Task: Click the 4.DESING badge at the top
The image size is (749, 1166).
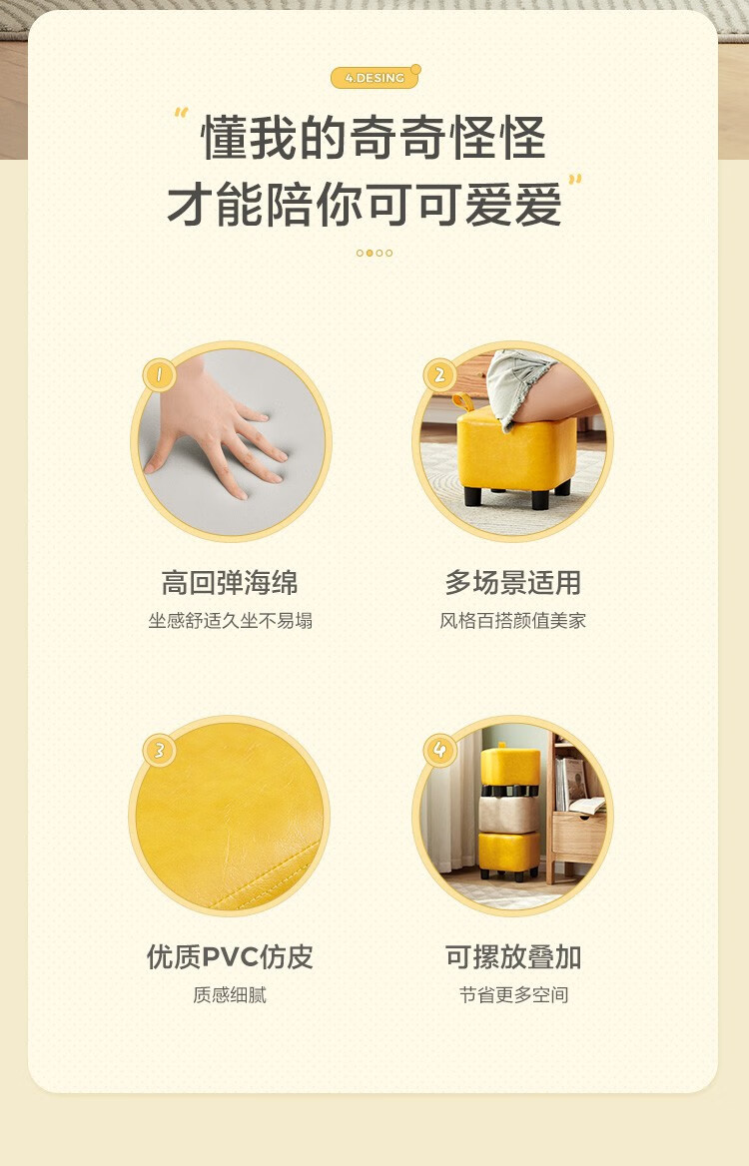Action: [x=374, y=77]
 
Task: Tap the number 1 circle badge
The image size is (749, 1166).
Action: [x=159, y=374]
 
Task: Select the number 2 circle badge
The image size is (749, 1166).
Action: [x=439, y=374]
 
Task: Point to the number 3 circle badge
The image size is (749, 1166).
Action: [x=159, y=750]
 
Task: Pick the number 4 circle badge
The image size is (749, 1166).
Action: [x=439, y=750]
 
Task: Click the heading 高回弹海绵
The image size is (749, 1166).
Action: [x=230, y=582]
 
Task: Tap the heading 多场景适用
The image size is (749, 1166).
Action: [x=512, y=582]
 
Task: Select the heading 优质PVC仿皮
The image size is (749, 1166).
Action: [x=230, y=957]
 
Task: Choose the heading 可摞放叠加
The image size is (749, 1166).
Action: [x=512, y=957]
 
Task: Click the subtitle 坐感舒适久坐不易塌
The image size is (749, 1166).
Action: [x=230, y=621]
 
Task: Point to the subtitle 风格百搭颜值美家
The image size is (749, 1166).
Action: [x=512, y=621]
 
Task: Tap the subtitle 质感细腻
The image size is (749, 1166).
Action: [x=230, y=995]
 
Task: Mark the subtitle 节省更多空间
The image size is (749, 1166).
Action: [x=512, y=995]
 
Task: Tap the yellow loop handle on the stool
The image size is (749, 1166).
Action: [x=462, y=402]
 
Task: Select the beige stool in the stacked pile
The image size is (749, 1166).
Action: [x=508, y=814]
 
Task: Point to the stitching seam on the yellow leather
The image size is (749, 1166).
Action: [x=268, y=877]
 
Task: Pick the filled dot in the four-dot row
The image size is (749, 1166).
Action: [x=370, y=253]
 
